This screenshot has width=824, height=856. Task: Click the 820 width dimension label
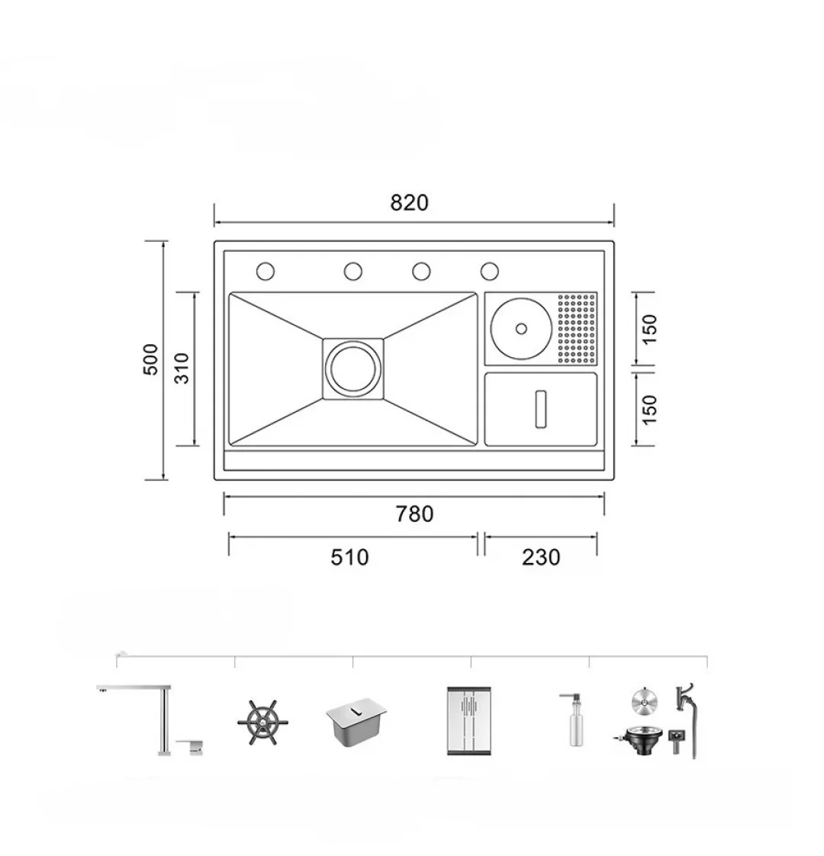(409, 202)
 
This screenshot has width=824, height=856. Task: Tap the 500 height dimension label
(150, 359)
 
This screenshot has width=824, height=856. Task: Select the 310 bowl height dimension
(182, 368)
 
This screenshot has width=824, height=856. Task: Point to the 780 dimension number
(414, 513)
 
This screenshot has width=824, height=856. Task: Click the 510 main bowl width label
(349, 557)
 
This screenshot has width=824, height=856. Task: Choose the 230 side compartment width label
(541, 557)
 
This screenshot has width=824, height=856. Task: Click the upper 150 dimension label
(649, 329)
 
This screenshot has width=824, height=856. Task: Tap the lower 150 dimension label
(649, 410)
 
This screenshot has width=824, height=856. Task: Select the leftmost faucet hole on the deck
(266, 271)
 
